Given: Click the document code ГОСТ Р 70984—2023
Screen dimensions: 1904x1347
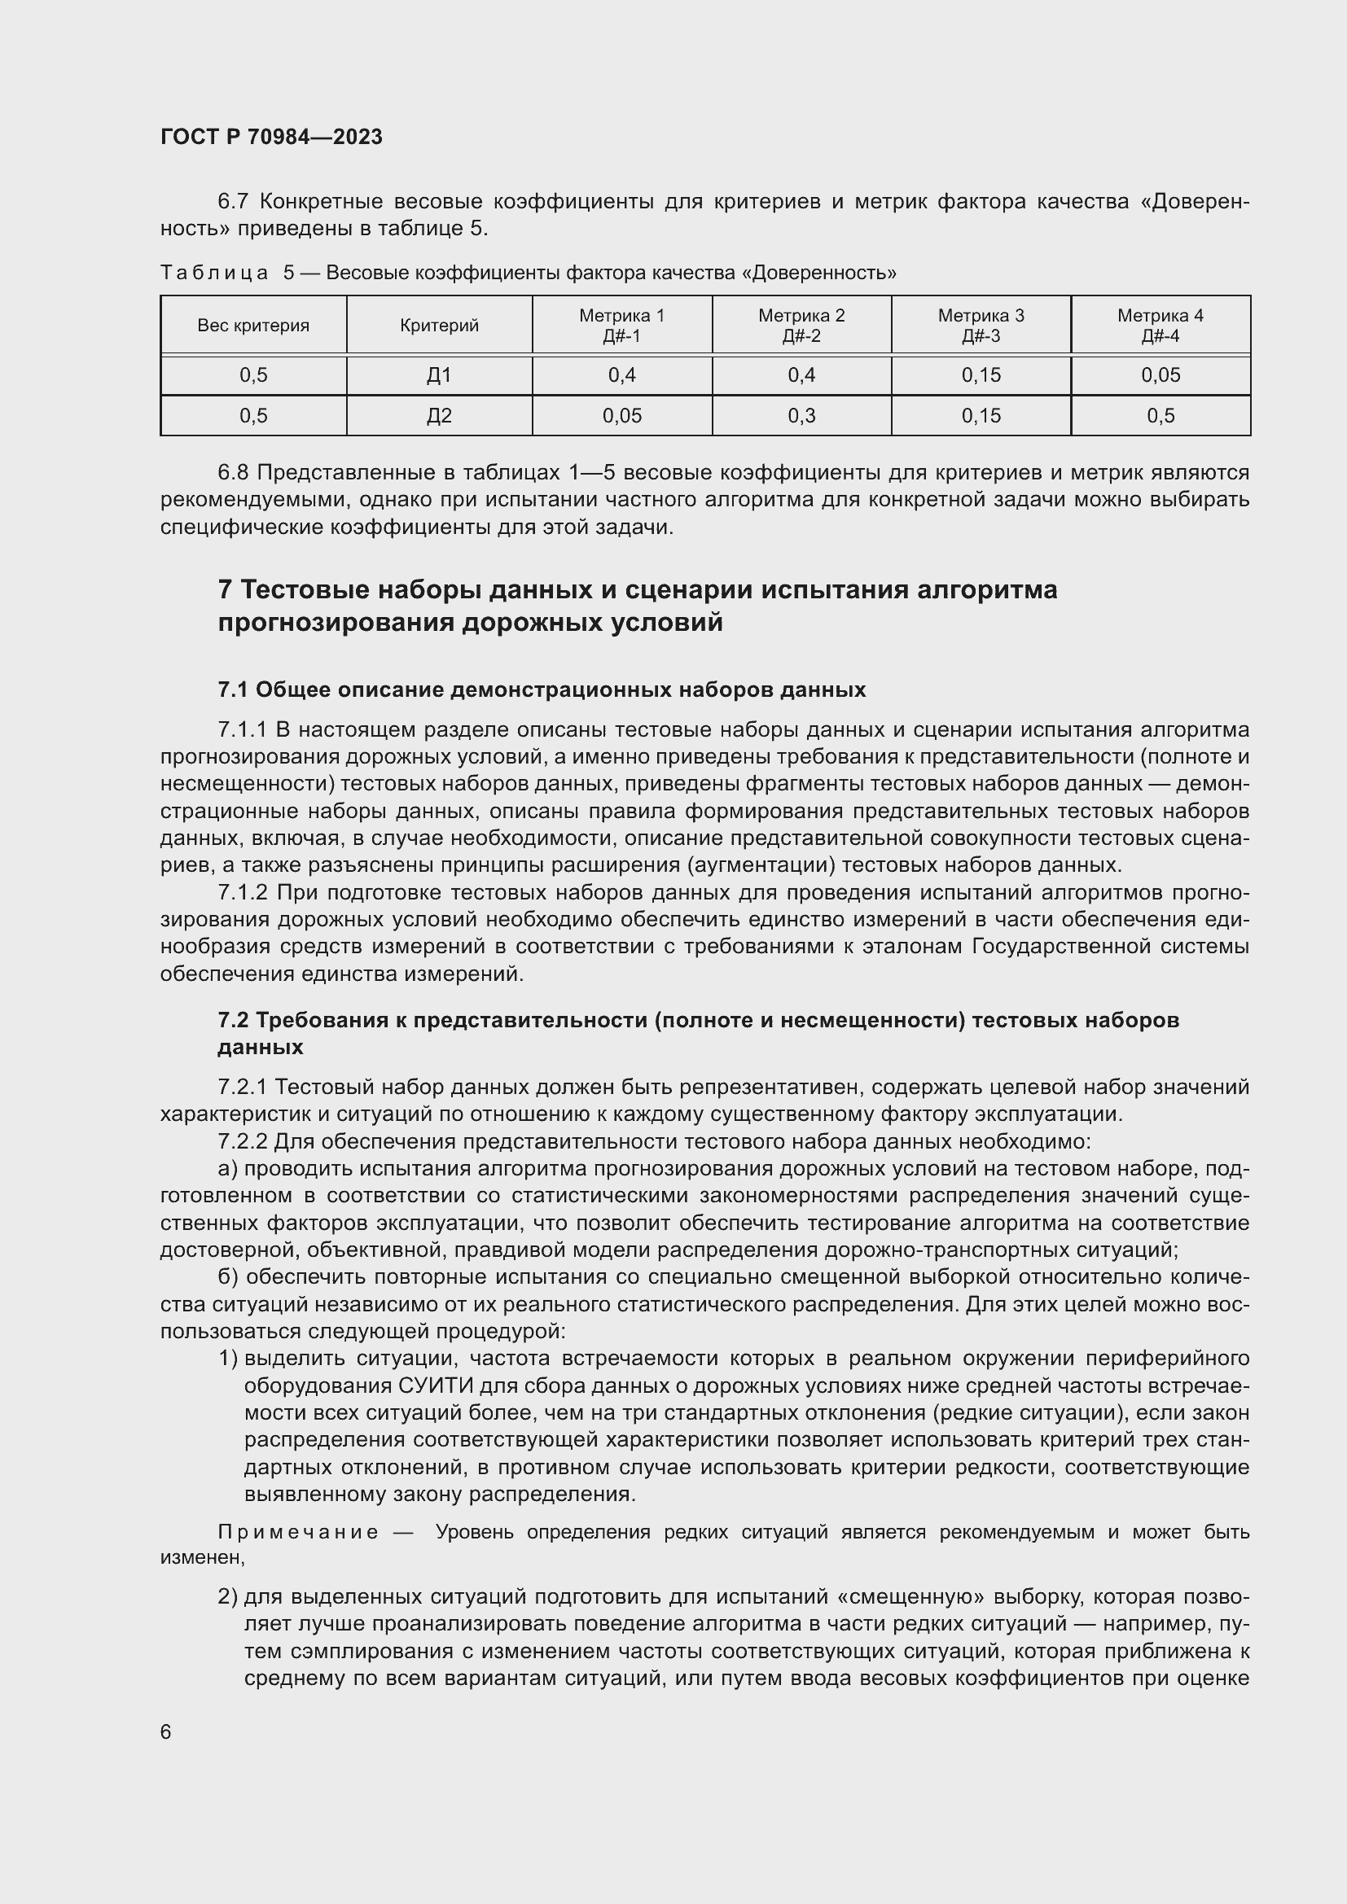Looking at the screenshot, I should pos(271,138).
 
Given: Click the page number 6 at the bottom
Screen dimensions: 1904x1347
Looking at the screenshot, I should pos(166,1731).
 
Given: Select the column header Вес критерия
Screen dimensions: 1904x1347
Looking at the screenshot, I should pos(253,326).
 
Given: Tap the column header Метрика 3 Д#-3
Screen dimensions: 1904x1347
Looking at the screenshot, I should pos(981,326).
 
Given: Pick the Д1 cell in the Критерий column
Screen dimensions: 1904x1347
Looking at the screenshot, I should pos(439,375).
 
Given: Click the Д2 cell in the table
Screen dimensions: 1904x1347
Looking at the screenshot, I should pos(439,416).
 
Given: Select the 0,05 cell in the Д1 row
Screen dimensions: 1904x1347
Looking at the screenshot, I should pos(1160,375).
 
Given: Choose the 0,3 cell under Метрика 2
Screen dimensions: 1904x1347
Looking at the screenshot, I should pos(801,416).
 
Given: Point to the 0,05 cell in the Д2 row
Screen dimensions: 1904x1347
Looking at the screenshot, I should pos(621,416).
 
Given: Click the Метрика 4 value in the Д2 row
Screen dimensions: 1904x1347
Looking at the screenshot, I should pos(1160,416).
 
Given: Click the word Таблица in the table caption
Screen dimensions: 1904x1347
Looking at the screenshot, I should pos(214,273).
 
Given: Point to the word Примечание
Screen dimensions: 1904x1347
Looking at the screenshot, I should pos(298,1532).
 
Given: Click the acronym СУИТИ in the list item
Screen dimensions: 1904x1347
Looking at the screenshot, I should pos(432,1385).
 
